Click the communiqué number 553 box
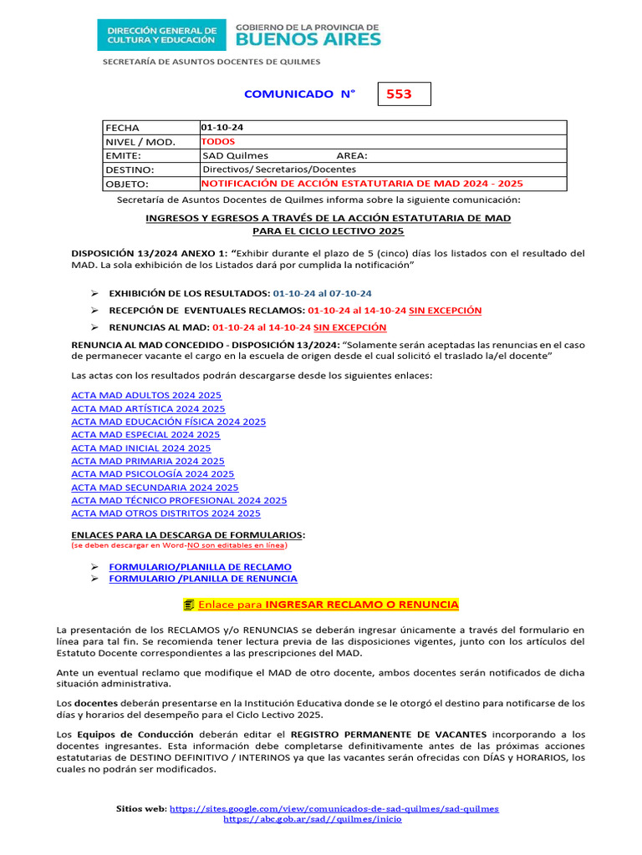click(x=405, y=94)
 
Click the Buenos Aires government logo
click(x=308, y=34)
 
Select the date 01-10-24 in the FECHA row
click(x=222, y=128)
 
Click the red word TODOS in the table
click(x=218, y=141)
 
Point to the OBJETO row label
click(x=126, y=184)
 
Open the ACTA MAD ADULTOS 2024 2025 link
click(x=146, y=395)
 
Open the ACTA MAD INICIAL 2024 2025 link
click(x=141, y=448)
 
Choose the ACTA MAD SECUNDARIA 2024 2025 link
click(x=155, y=488)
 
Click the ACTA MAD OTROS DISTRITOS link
click(x=166, y=514)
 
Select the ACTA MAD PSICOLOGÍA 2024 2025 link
click(x=153, y=474)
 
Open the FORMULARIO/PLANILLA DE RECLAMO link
click(x=201, y=566)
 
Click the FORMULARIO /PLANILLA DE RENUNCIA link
click(x=203, y=579)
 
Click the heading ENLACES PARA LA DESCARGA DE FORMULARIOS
click(x=188, y=534)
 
